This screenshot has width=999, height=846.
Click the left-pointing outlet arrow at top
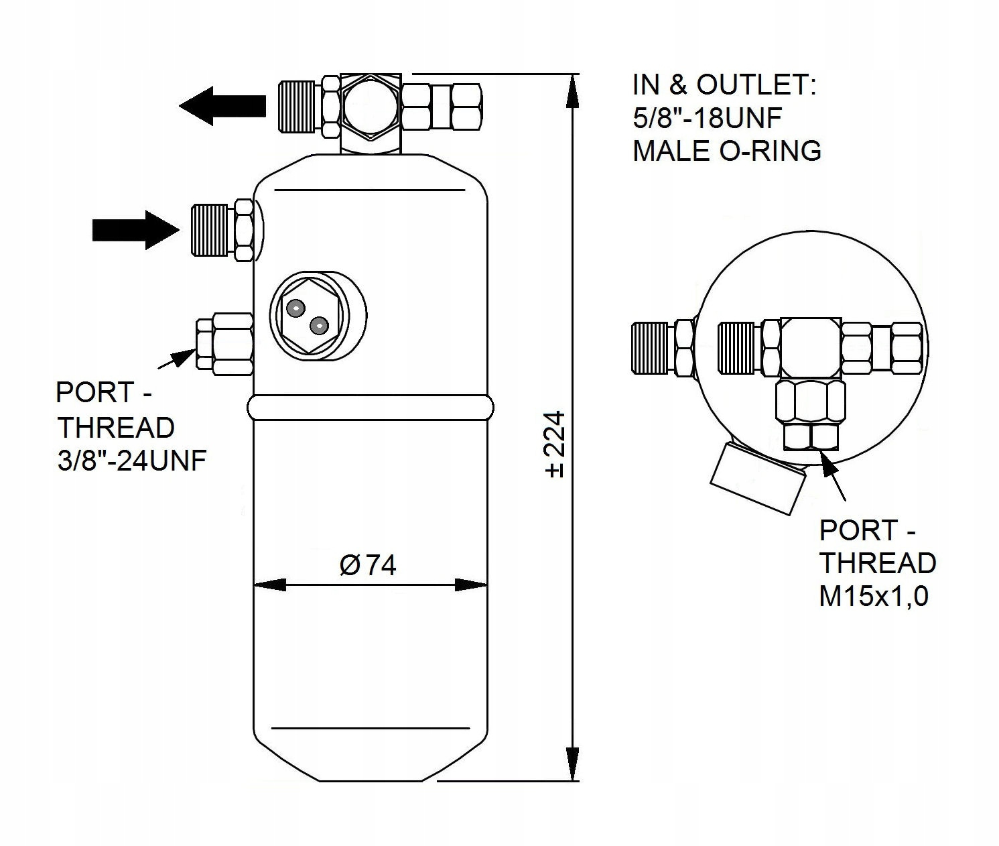221,106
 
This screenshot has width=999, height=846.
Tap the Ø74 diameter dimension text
368,565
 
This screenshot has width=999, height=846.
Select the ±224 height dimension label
555,444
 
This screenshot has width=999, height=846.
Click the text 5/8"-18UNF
707,119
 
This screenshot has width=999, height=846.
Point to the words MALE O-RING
727,151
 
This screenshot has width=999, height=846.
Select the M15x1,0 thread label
874,596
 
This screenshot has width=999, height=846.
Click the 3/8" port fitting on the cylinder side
224,345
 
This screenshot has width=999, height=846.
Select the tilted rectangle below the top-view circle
757,477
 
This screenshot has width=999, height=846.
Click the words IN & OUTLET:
724,86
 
